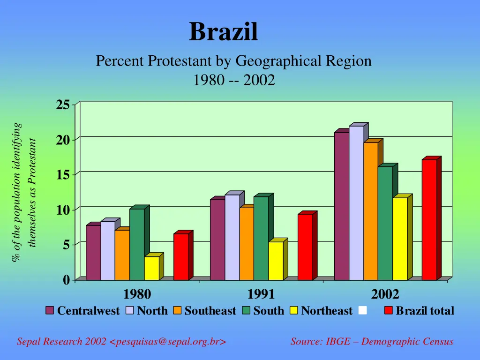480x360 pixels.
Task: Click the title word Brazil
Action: (224, 32)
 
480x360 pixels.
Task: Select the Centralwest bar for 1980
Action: (93, 253)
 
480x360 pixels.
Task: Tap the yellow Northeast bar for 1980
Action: (151, 268)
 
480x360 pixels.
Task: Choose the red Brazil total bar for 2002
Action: (429, 220)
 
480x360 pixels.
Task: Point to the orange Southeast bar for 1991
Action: (247, 244)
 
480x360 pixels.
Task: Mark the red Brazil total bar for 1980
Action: (181, 257)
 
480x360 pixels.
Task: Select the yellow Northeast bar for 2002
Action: (400, 239)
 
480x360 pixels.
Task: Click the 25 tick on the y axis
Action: (63, 105)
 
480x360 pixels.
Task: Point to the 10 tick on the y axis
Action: (63, 210)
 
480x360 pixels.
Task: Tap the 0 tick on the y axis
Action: (66, 280)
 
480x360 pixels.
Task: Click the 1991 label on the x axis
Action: (261, 294)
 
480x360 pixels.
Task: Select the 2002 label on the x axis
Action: (385, 294)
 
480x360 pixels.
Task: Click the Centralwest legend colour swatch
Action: (50, 311)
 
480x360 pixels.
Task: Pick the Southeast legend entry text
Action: (210, 311)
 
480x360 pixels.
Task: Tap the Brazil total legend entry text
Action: (425, 311)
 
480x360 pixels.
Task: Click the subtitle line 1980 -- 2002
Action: (234, 81)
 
